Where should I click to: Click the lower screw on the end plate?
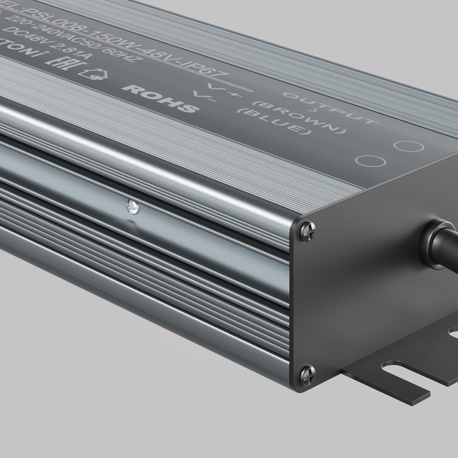(308, 373)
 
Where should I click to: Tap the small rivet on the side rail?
(130, 207)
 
